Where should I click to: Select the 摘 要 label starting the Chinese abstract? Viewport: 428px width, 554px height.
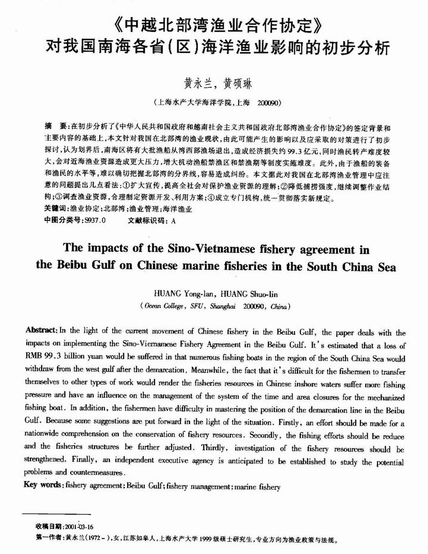[56, 127]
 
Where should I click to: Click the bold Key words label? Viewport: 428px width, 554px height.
[43, 486]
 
